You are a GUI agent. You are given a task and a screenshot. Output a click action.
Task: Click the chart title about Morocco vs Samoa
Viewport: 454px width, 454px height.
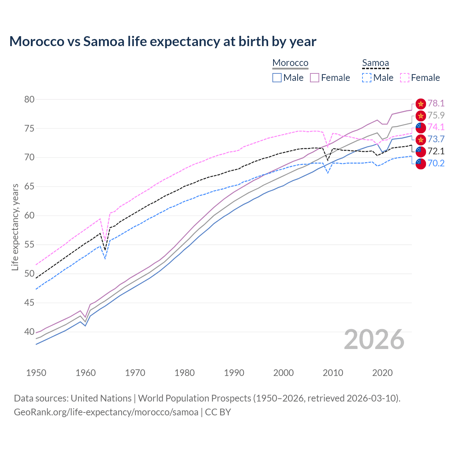pos(163,41)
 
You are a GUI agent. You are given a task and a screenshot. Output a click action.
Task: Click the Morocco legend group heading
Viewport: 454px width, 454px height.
pos(290,63)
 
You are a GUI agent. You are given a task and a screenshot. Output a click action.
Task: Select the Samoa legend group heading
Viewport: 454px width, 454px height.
pos(375,63)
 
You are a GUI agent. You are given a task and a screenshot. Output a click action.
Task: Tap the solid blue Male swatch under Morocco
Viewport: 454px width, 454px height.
pos(277,78)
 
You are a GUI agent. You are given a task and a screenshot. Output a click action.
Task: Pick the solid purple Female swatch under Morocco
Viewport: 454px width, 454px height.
pos(315,78)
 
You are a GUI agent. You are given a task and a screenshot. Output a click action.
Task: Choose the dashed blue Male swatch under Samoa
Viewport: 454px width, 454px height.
pos(367,78)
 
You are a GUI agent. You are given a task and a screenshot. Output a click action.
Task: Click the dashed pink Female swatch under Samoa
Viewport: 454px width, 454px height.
pos(405,78)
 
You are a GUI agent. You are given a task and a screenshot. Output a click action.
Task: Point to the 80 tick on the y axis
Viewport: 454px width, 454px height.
pos(29,99)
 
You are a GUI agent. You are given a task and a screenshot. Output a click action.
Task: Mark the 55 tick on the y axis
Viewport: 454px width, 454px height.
pos(29,245)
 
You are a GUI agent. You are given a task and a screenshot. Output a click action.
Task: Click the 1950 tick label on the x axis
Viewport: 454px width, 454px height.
pos(36,373)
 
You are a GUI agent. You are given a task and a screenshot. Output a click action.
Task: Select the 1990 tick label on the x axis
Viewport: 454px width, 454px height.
pos(234,373)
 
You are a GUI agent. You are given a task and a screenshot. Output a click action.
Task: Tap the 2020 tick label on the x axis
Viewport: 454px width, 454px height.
pos(382,373)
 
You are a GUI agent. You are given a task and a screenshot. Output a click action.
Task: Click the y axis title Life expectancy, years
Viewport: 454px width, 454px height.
pos(15,227)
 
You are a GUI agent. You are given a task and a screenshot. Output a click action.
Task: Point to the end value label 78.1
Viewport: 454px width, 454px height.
pos(436,103)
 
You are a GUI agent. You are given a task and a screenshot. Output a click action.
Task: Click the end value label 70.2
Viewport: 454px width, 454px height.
pos(436,163)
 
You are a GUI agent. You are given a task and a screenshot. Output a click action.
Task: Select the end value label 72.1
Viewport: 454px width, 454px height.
pos(436,151)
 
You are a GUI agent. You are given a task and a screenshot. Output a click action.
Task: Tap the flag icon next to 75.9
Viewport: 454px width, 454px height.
pos(421,116)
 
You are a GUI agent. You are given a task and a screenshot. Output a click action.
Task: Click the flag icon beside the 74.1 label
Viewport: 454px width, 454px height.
pos(421,127)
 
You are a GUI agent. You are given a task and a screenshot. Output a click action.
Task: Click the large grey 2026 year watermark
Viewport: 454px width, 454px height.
pos(374,339)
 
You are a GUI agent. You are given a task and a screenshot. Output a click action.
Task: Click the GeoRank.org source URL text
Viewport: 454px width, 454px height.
pos(106,412)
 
